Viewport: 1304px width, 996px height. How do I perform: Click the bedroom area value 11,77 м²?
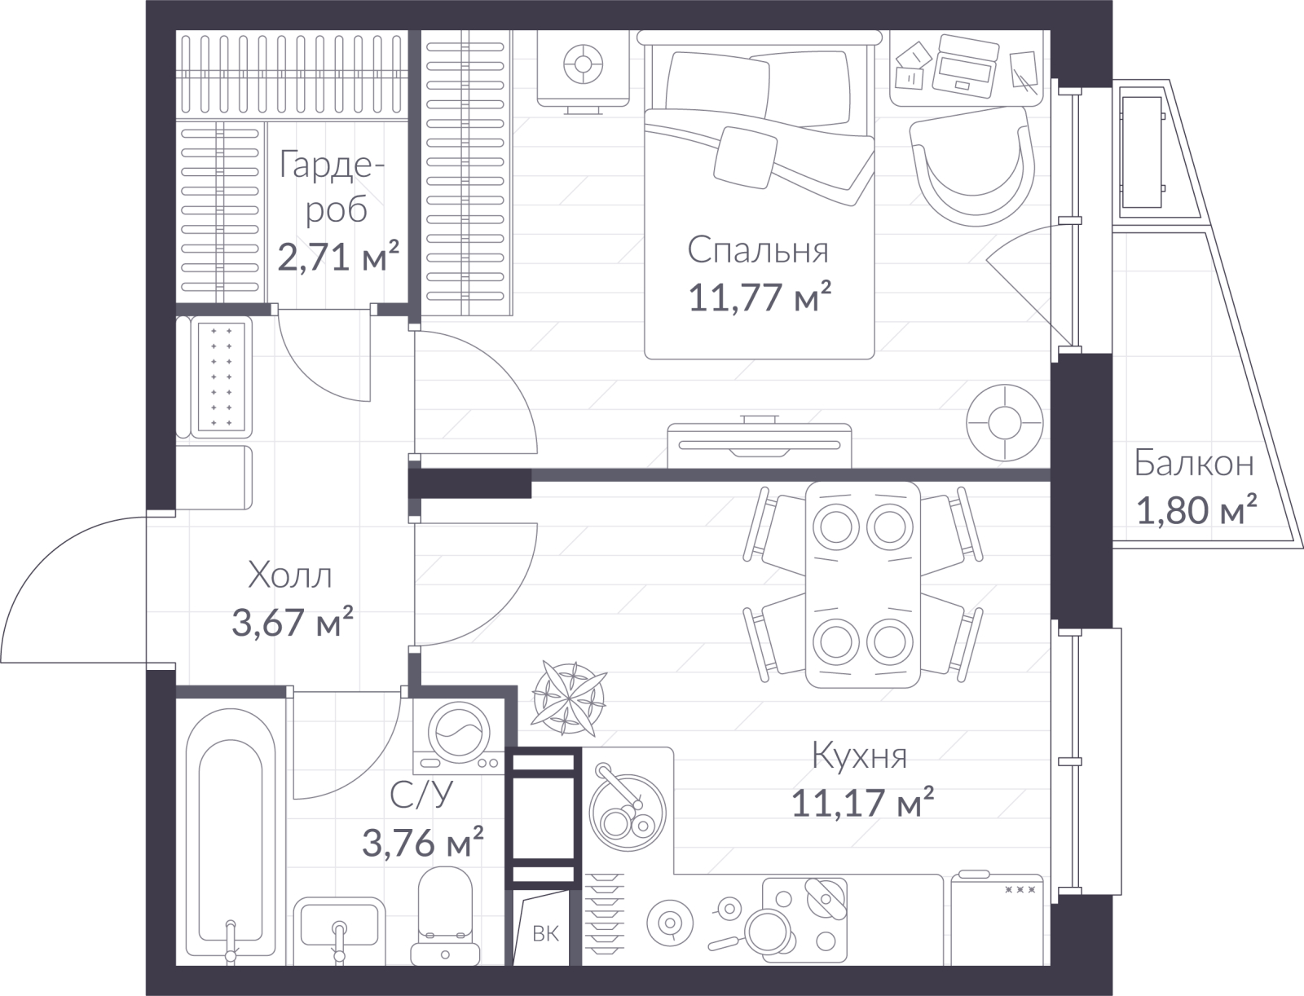(760, 297)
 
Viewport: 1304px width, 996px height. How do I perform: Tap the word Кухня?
(860, 756)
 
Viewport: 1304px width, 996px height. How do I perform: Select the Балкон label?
(1194, 464)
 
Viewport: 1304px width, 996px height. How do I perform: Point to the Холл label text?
(290, 575)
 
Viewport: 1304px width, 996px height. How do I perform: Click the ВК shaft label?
(545, 933)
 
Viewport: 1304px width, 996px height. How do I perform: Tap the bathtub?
(231, 836)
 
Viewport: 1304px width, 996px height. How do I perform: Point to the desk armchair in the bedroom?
(972, 167)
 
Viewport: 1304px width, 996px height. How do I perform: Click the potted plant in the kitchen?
(569, 697)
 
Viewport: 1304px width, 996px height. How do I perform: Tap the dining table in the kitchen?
(863, 585)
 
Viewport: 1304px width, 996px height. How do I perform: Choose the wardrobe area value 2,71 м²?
(338, 257)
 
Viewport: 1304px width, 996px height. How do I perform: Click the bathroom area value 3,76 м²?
(423, 842)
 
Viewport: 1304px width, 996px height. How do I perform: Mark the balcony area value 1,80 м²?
(1196, 509)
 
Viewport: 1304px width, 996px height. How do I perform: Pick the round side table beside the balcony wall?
(1005, 423)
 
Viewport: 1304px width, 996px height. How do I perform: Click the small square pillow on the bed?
(746, 158)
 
